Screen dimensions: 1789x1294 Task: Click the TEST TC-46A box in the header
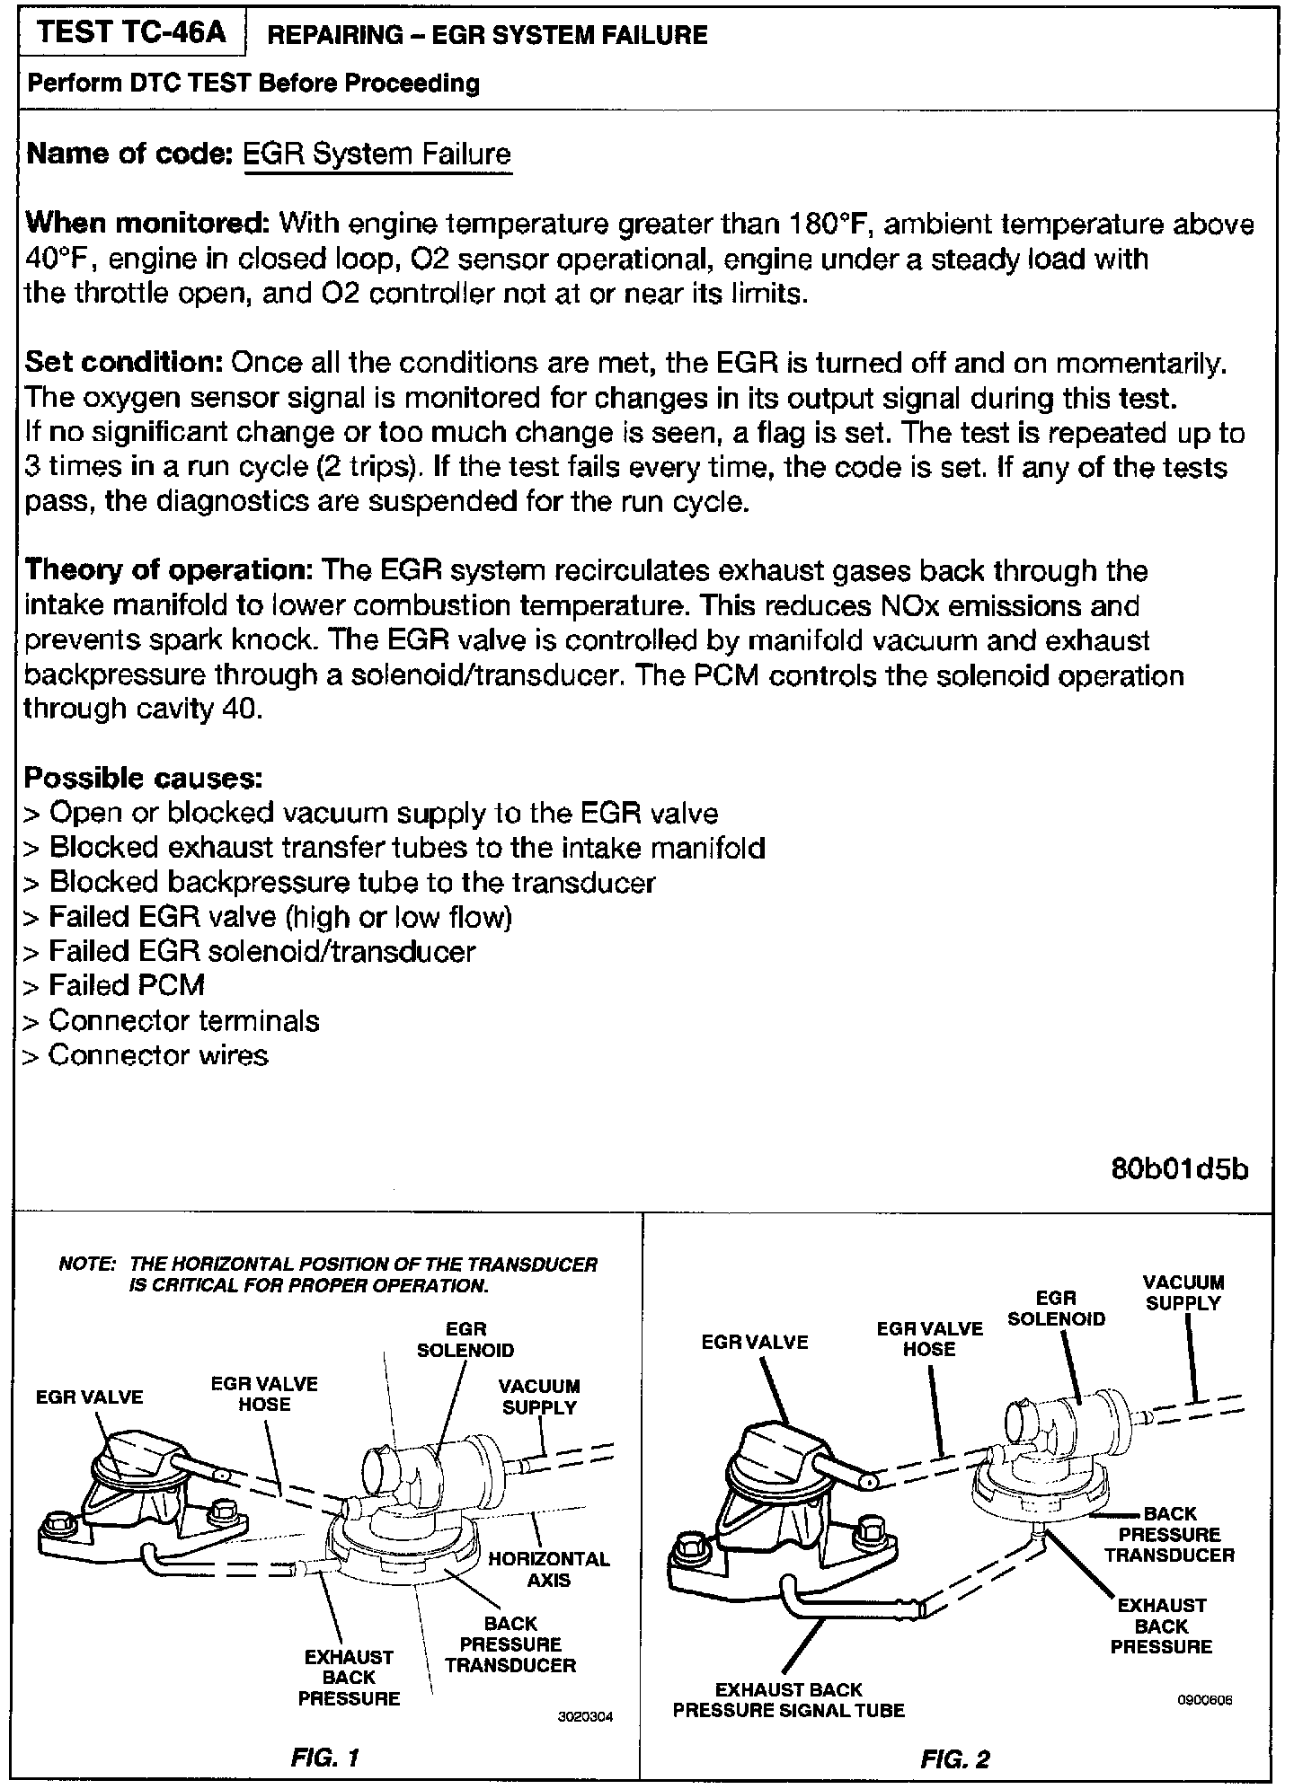(132, 33)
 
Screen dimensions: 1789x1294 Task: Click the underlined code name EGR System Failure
(377, 154)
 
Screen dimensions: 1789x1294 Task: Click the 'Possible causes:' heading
(143, 777)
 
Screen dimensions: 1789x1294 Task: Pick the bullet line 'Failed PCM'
(127, 985)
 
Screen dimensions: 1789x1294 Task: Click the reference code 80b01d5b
(1179, 1170)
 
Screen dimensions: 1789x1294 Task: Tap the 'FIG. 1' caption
(325, 1758)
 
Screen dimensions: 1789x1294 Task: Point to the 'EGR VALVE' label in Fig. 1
(90, 1397)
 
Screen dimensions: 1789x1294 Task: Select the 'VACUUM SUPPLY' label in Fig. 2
(1183, 1293)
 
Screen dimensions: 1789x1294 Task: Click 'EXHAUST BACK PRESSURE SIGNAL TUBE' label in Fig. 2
(788, 1700)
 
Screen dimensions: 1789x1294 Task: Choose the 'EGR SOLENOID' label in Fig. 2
(1056, 1309)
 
